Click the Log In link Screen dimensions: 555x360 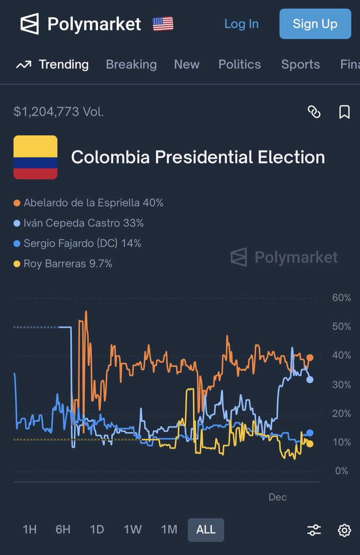pyautogui.click(x=241, y=24)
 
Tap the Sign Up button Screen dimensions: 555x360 pyautogui.click(x=315, y=24)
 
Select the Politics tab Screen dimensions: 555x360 pyautogui.click(x=239, y=64)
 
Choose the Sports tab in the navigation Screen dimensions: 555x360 pyautogui.click(x=300, y=64)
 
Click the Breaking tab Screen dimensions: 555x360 pyautogui.click(x=131, y=64)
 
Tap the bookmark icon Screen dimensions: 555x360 pyautogui.click(x=344, y=111)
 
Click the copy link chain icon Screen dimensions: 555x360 pyautogui.click(x=314, y=111)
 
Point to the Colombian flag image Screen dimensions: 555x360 pyautogui.click(x=36, y=157)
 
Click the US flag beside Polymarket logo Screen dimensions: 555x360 pyautogui.click(x=163, y=24)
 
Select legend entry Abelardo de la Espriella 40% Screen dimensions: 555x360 pyautogui.click(x=89, y=203)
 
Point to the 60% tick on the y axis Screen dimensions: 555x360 pyautogui.click(x=341, y=297)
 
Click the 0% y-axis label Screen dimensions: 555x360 pyautogui.click(x=341, y=471)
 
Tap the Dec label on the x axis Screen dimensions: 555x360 pyautogui.click(x=278, y=497)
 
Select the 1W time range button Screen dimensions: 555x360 pyautogui.click(x=133, y=530)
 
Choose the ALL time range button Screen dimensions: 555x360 pyautogui.click(x=206, y=530)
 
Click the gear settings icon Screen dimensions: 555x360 pyautogui.click(x=344, y=530)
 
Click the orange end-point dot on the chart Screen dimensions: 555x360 pyautogui.click(x=310, y=358)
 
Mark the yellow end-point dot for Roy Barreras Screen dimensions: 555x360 pyautogui.click(x=310, y=444)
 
